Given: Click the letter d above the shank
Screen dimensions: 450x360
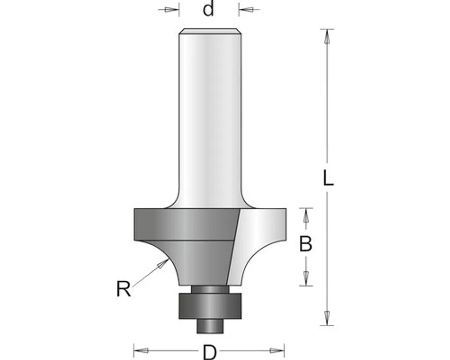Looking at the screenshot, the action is (208, 9).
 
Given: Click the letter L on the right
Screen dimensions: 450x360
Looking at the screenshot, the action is (328, 178).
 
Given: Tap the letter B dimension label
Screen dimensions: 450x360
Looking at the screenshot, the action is (306, 244).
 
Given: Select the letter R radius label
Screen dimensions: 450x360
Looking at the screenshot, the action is (123, 289).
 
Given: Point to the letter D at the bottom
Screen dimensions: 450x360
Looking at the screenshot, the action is (210, 352).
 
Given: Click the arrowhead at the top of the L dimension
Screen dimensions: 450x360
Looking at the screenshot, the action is (327, 36).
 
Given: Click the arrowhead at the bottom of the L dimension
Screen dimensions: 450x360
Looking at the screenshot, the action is (327, 318).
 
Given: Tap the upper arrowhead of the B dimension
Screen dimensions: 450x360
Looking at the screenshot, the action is (306, 215).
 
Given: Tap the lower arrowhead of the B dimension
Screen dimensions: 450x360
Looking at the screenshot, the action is (306, 279).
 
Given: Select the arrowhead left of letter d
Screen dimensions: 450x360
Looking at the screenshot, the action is (172, 10).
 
